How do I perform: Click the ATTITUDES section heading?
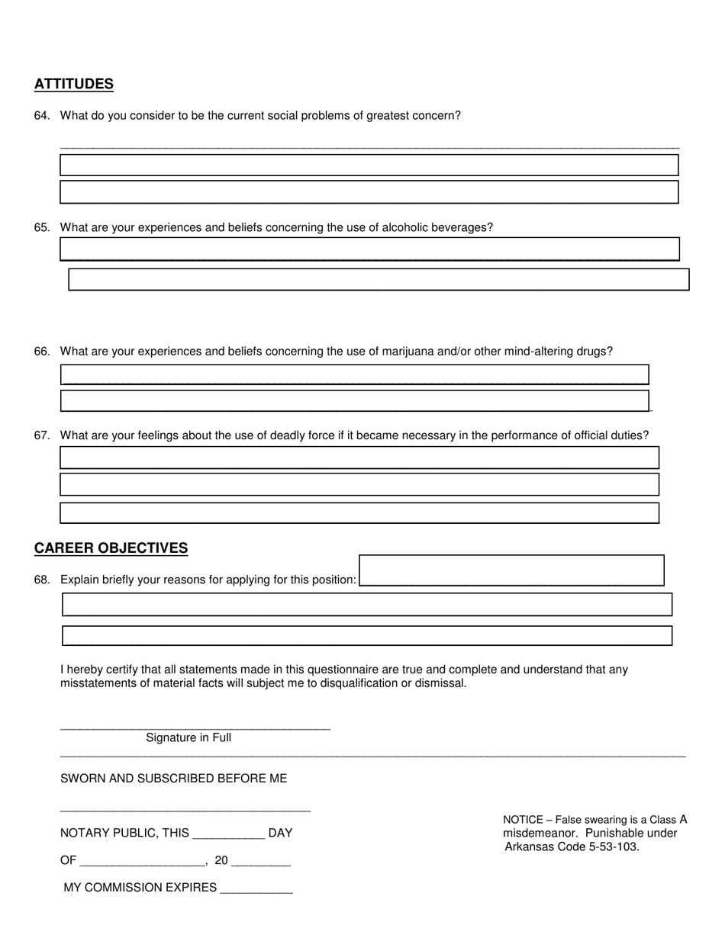click(74, 84)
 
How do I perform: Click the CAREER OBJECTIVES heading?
click(111, 548)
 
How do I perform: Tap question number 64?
click(41, 116)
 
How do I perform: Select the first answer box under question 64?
click(369, 165)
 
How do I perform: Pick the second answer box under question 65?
click(379, 280)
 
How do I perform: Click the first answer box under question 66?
click(354, 374)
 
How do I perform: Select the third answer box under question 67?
click(359, 512)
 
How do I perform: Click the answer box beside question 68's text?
click(511, 570)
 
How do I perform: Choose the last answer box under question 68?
click(367, 636)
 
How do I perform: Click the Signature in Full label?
click(188, 738)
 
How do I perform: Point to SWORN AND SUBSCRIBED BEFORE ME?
click(173, 779)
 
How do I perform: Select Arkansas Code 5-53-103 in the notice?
click(572, 846)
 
